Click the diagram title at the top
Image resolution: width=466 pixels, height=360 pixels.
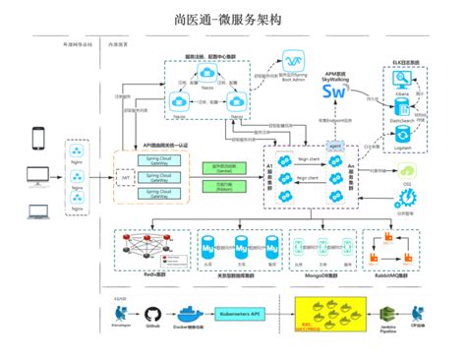pyautogui.click(x=232, y=18)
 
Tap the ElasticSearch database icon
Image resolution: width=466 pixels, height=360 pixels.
pyautogui.click(x=401, y=124)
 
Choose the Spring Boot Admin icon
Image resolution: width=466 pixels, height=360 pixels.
pyautogui.click(x=292, y=64)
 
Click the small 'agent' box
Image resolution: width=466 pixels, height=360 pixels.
pyautogui.click(x=334, y=145)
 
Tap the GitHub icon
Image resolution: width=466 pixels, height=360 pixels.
pyautogui.click(x=152, y=311)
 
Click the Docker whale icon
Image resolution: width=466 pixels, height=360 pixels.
pyautogui.click(x=194, y=311)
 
